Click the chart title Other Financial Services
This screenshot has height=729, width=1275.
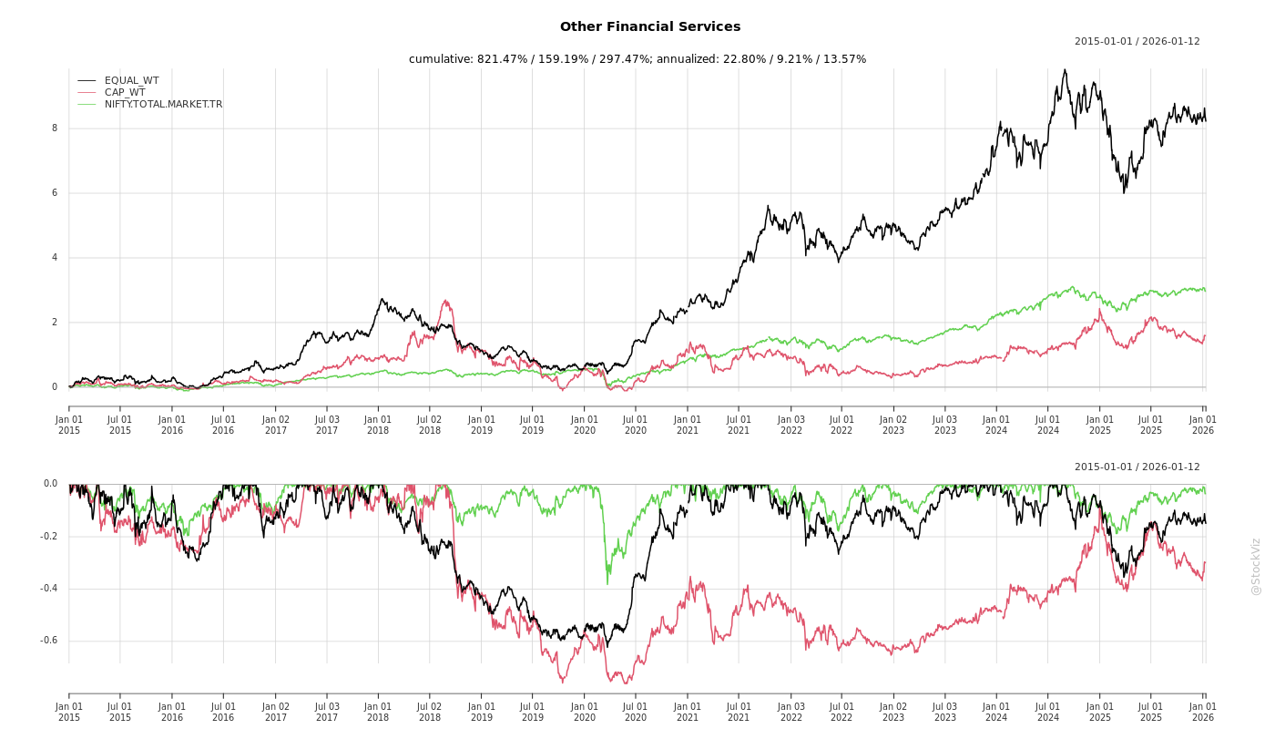pyautogui.click(x=650, y=27)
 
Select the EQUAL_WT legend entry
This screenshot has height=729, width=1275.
pyautogui.click(x=131, y=81)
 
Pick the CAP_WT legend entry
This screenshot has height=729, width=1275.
pyautogui.click(x=124, y=93)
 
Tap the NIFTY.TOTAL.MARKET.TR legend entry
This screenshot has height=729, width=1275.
pyautogui.click(x=163, y=105)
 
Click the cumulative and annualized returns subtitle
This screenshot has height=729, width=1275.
pyautogui.click(x=637, y=59)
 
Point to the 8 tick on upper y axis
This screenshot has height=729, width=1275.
pyautogui.click(x=54, y=128)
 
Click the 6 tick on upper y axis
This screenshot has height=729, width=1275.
pyautogui.click(x=54, y=193)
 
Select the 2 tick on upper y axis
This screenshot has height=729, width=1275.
pyautogui.click(x=54, y=323)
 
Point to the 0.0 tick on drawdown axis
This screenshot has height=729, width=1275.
pyautogui.click(x=50, y=484)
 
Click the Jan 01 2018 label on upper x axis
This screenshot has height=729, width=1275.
pyautogui.click(x=378, y=425)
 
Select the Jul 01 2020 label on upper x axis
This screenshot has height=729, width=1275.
pyautogui.click(x=636, y=425)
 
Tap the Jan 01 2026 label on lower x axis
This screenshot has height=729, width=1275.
pyautogui.click(x=1203, y=712)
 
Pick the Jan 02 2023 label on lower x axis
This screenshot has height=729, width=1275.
pyautogui.click(x=893, y=712)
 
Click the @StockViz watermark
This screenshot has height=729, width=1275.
pyautogui.click(x=1256, y=566)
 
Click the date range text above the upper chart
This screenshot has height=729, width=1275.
pyautogui.click(x=1137, y=42)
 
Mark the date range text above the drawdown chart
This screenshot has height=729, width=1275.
pyautogui.click(x=1137, y=467)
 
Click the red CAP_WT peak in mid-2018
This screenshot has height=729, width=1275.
pyautogui.click(x=445, y=301)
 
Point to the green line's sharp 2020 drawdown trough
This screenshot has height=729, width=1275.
pyautogui.click(x=607, y=583)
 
